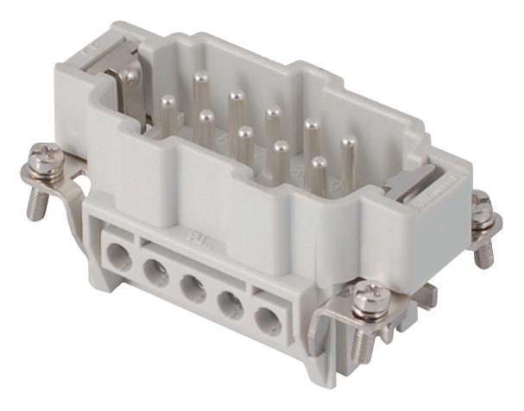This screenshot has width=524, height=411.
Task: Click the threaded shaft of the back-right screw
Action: coord(485,242)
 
